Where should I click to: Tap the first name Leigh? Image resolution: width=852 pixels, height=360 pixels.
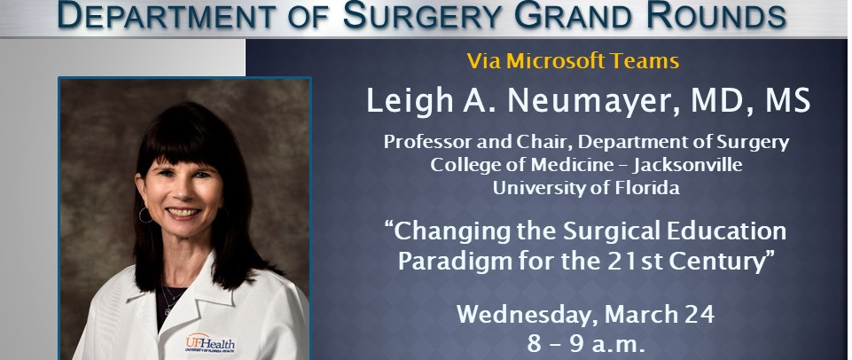tap(409, 102)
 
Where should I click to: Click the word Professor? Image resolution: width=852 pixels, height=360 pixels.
tap(425, 143)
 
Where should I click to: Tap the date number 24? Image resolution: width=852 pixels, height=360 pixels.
tap(700, 315)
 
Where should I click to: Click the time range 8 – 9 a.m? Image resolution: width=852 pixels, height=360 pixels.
tap(586, 344)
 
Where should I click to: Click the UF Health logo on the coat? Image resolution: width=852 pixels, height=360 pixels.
tap(210, 343)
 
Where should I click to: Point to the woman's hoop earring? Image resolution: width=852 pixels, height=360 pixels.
tap(145, 215)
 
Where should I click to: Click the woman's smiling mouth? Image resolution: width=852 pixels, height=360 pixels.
tap(183, 213)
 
